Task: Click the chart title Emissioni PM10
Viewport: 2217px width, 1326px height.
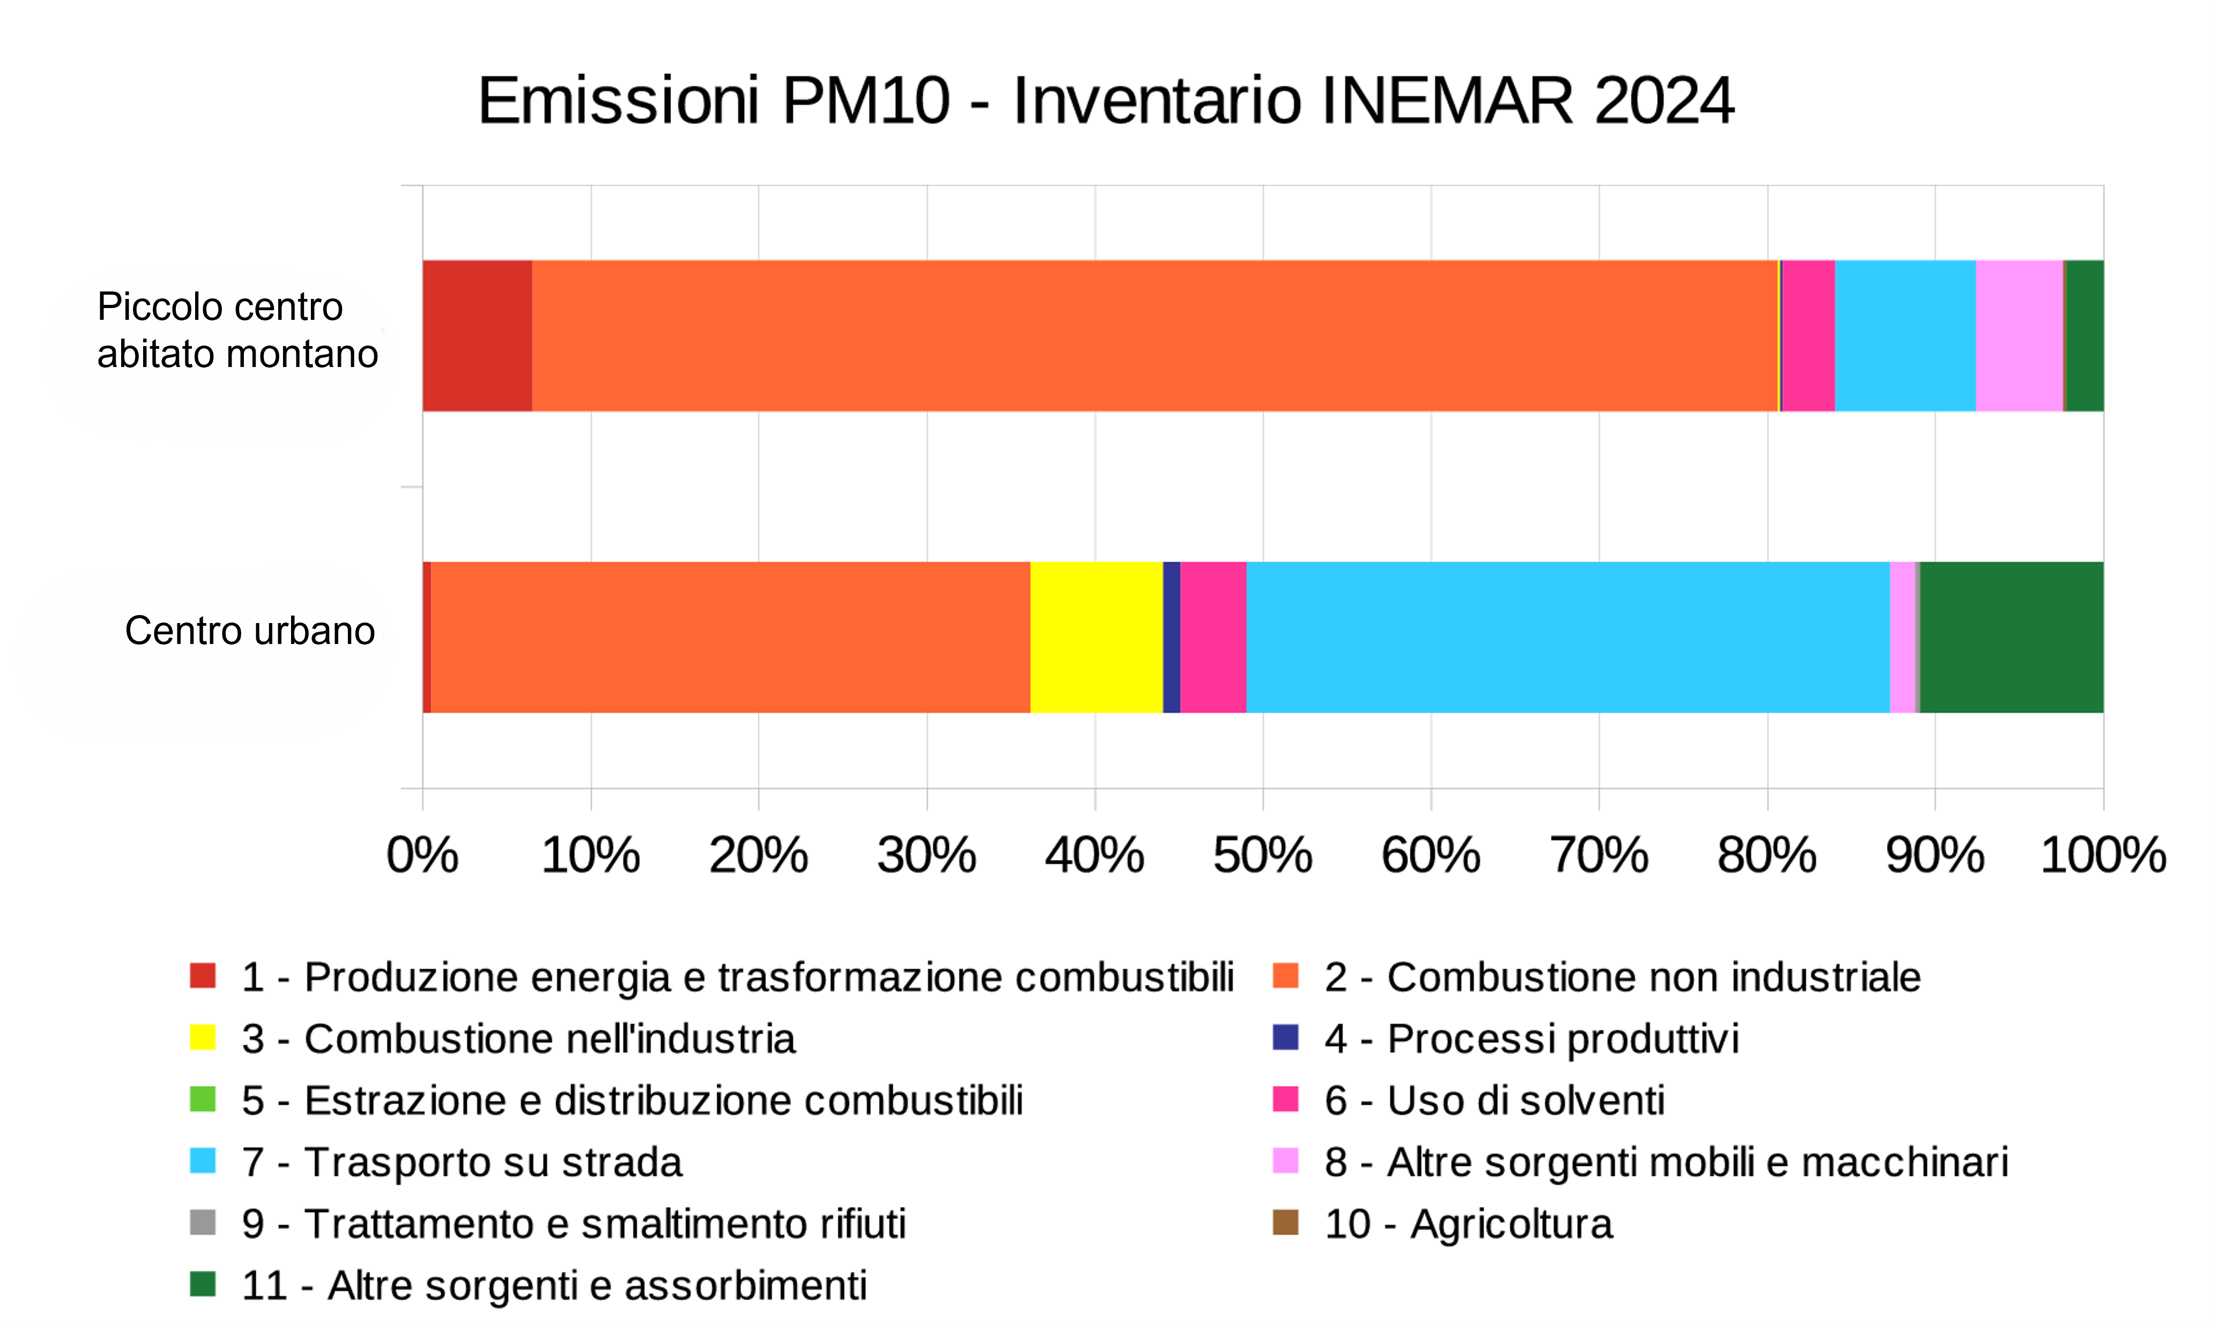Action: (1106, 100)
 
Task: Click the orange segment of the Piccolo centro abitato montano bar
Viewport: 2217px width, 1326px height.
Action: (1153, 336)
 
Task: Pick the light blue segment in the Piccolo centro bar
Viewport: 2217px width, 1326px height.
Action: (1905, 336)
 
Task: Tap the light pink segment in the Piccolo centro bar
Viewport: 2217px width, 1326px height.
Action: (2019, 336)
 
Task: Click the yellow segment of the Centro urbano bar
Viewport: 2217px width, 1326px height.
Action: (1096, 637)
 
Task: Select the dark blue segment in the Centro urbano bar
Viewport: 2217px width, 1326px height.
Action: (1171, 637)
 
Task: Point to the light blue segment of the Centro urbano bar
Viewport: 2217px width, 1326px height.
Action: (1567, 637)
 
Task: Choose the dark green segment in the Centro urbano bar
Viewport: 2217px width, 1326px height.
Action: (2011, 637)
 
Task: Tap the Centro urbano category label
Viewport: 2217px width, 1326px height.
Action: (249, 631)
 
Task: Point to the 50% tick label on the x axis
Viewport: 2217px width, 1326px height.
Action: (1262, 855)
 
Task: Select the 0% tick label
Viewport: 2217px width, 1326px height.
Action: (422, 855)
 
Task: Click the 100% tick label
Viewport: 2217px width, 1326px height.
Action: (2103, 855)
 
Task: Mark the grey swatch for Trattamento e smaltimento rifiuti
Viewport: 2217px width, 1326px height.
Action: (203, 1223)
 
